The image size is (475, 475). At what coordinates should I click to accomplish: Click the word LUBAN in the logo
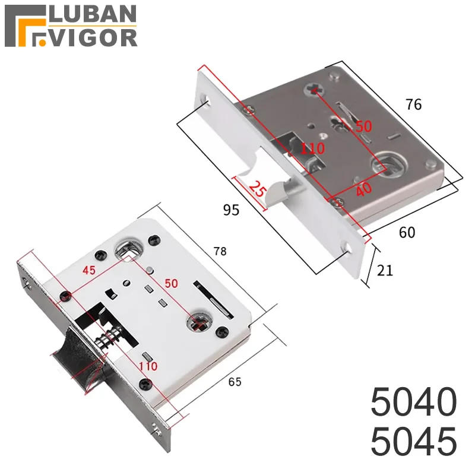pyautogui.click(x=93, y=14)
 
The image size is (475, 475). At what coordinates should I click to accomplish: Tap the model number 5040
pyautogui.click(x=413, y=402)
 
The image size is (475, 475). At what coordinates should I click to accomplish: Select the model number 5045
pyautogui.click(x=413, y=441)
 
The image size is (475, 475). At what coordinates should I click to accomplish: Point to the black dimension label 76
pyautogui.click(x=413, y=104)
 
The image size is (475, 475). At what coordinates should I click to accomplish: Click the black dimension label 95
pyautogui.click(x=231, y=210)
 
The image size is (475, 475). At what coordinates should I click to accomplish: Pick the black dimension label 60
pyautogui.click(x=407, y=232)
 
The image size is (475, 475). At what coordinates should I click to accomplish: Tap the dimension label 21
pyautogui.click(x=385, y=270)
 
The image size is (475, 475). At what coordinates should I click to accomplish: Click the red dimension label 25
pyautogui.click(x=258, y=189)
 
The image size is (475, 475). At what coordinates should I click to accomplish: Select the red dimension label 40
pyautogui.click(x=363, y=189)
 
